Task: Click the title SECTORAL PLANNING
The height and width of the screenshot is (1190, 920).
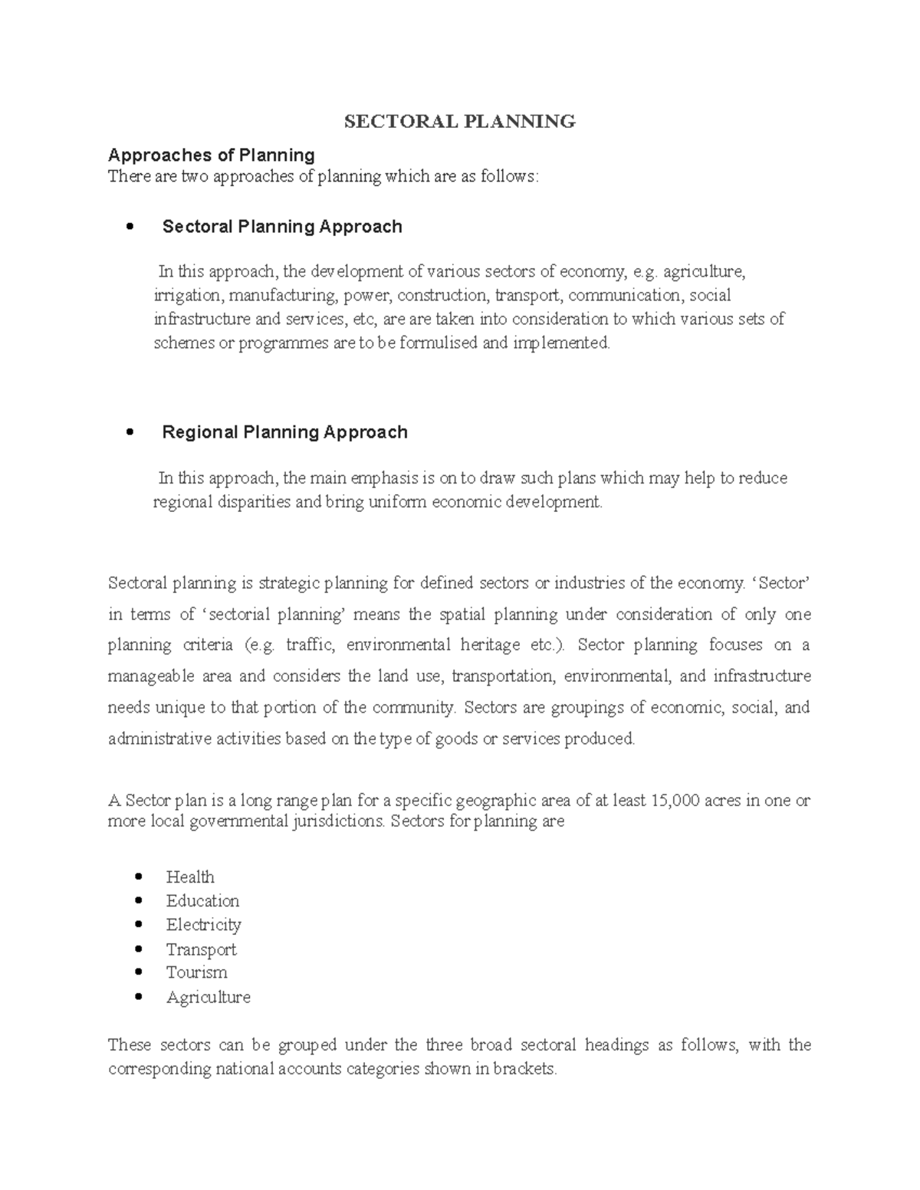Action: coord(459,121)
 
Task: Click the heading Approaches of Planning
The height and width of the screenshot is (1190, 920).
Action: coord(212,156)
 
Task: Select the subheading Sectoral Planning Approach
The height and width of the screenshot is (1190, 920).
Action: coord(282,227)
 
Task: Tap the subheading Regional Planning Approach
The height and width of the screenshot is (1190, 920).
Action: coord(284,432)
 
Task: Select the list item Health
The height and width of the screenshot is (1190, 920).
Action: coord(190,877)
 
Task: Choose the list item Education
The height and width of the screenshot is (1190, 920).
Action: coord(202,900)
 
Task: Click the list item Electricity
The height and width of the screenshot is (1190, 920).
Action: coord(203,925)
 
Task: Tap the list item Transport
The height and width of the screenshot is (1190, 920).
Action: coord(201,949)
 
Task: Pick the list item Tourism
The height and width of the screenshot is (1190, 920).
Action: coord(196,972)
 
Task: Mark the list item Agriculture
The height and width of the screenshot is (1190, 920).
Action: coord(208,997)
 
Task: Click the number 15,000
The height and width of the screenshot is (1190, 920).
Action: coord(675,801)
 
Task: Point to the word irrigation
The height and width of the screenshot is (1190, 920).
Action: coord(186,295)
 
